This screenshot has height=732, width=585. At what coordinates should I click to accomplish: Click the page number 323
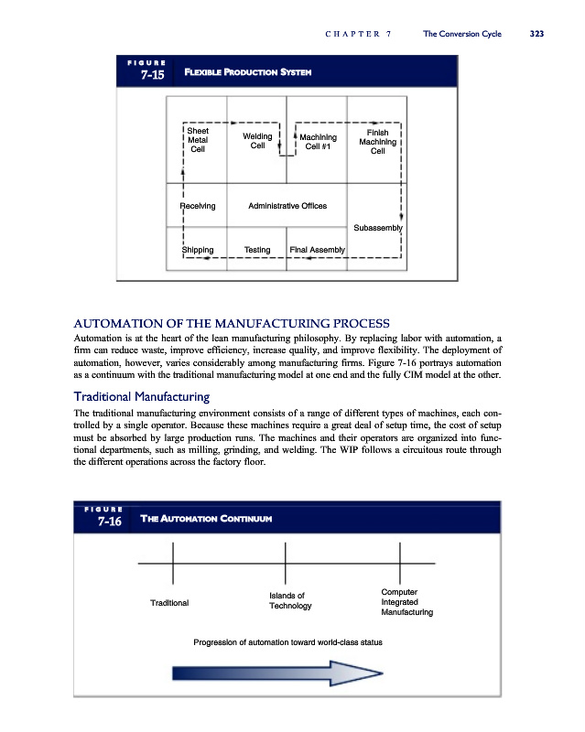[x=536, y=34]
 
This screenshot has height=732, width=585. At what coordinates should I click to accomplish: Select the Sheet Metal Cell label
[x=198, y=140]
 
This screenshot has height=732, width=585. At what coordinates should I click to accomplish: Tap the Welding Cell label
[x=257, y=141]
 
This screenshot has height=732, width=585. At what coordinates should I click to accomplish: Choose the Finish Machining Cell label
[x=377, y=142]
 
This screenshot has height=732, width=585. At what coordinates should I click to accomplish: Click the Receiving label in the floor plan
[x=198, y=206]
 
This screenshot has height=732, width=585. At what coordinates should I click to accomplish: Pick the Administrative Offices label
[x=287, y=206]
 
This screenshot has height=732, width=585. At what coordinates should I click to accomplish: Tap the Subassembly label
[x=377, y=227]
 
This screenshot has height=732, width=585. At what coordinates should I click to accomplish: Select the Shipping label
[x=198, y=250]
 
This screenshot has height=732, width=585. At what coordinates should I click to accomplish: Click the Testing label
[x=257, y=250]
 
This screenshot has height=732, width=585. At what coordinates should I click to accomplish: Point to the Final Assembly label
[x=317, y=250]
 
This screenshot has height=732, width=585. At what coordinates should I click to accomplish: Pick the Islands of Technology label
[x=290, y=601]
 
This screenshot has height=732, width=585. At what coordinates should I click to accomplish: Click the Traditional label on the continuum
[x=169, y=603]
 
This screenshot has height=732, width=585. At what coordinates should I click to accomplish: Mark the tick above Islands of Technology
[x=286, y=560]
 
